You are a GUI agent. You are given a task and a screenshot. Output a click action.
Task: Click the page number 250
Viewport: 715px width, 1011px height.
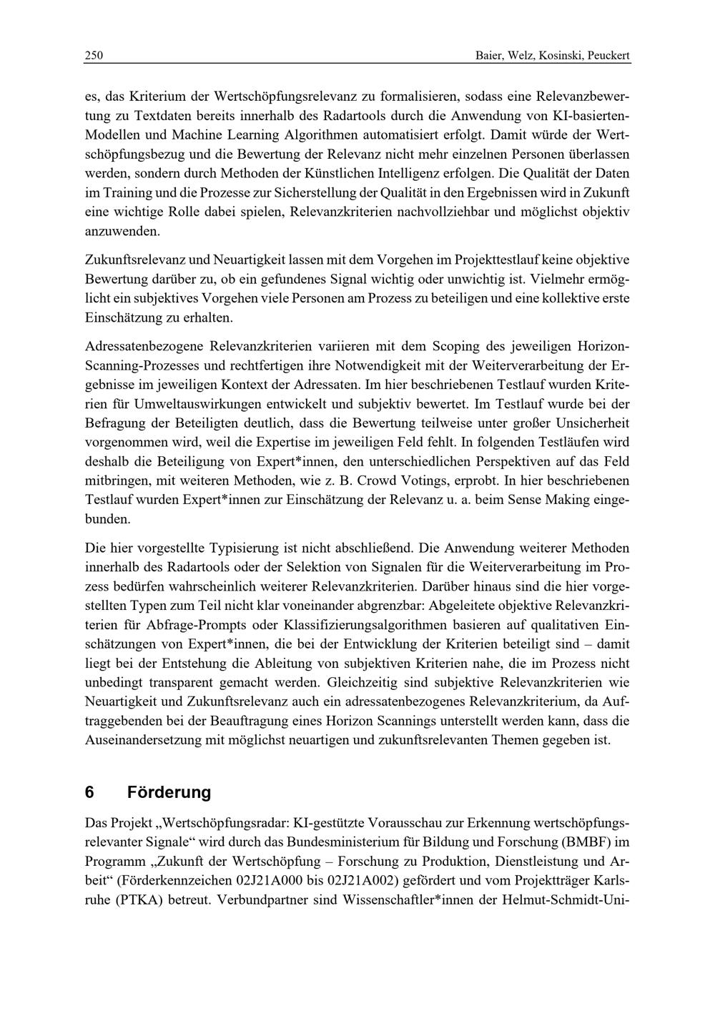coord(94,56)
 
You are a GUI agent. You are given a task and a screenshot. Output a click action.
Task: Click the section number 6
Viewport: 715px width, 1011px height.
coord(89,792)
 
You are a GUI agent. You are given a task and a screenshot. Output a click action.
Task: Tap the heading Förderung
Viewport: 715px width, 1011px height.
coord(169,792)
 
